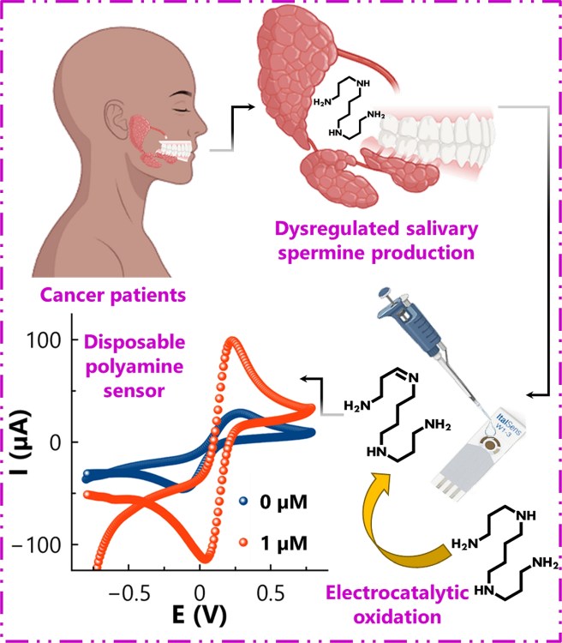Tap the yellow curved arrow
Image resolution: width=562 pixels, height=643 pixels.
pos(402,515)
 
